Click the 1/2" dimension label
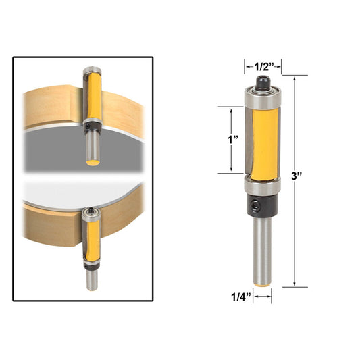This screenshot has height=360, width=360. [263, 66]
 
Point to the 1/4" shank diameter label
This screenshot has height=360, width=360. [240, 295]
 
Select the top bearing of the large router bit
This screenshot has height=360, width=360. [263, 98]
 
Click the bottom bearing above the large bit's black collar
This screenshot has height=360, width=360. [263, 184]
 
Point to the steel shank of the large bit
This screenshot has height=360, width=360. [263, 250]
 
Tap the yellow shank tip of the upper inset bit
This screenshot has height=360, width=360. [90, 162]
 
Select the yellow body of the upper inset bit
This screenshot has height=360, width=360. [92, 98]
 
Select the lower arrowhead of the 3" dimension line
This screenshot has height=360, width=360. [295, 283]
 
